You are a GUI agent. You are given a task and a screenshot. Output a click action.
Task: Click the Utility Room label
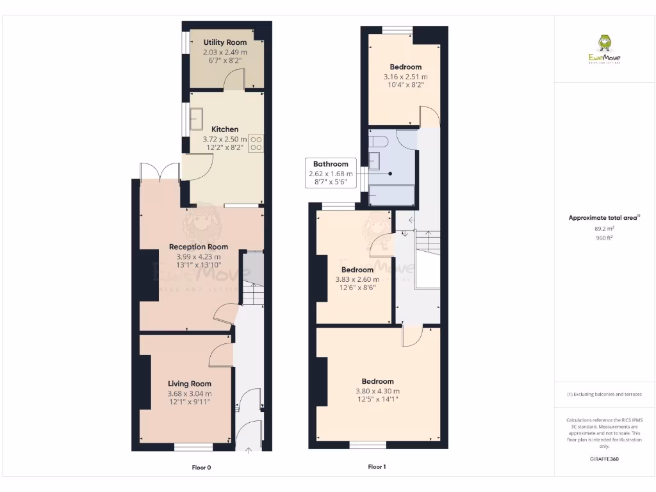pyautogui.click(x=225, y=42)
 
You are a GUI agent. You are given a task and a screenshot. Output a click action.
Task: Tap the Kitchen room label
pyautogui.click(x=225, y=129)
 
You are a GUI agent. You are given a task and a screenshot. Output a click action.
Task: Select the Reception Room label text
pyautogui.click(x=198, y=247)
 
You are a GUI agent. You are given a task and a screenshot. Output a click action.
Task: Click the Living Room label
pyautogui.click(x=189, y=384)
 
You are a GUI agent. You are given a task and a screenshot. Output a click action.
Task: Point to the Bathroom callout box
pyautogui.click(x=331, y=173)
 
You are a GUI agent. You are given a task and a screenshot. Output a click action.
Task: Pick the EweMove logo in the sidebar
pyautogui.click(x=604, y=50)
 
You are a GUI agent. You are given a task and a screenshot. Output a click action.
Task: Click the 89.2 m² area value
pyautogui.click(x=604, y=228)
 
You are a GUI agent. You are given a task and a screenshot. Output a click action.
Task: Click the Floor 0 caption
pyautogui.click(x=201, y=468)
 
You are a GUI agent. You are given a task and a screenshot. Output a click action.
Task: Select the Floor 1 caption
pyautogui.click(x=377, y=468)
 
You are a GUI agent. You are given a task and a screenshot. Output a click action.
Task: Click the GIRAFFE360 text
pyautogui.click(x=604, y=459)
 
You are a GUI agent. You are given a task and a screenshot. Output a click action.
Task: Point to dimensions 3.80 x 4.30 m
pyautogui.click(x=377, y=391)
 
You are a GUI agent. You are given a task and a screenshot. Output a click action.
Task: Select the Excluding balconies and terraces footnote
pyautogui.click(x=604, y=394)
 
